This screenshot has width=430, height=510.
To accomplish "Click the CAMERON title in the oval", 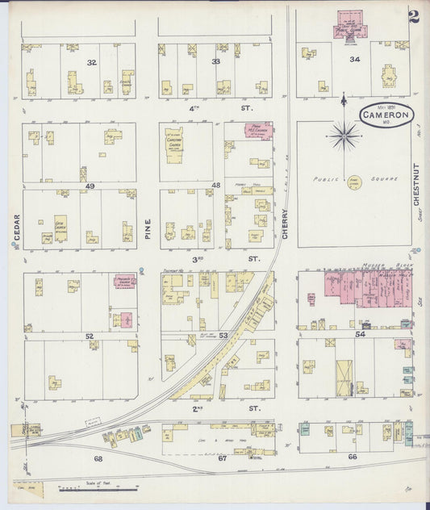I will (385, 115).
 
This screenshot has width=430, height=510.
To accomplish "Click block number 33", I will (215, 62).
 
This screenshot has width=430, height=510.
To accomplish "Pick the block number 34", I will (354, 60).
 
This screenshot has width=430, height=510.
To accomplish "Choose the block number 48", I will (216, 186).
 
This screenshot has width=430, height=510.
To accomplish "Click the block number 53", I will (223, 334).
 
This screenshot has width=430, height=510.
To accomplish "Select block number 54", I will (360, 333).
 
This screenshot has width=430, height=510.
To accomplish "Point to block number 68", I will (98, 458).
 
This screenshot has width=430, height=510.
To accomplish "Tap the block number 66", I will (353, 457).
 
